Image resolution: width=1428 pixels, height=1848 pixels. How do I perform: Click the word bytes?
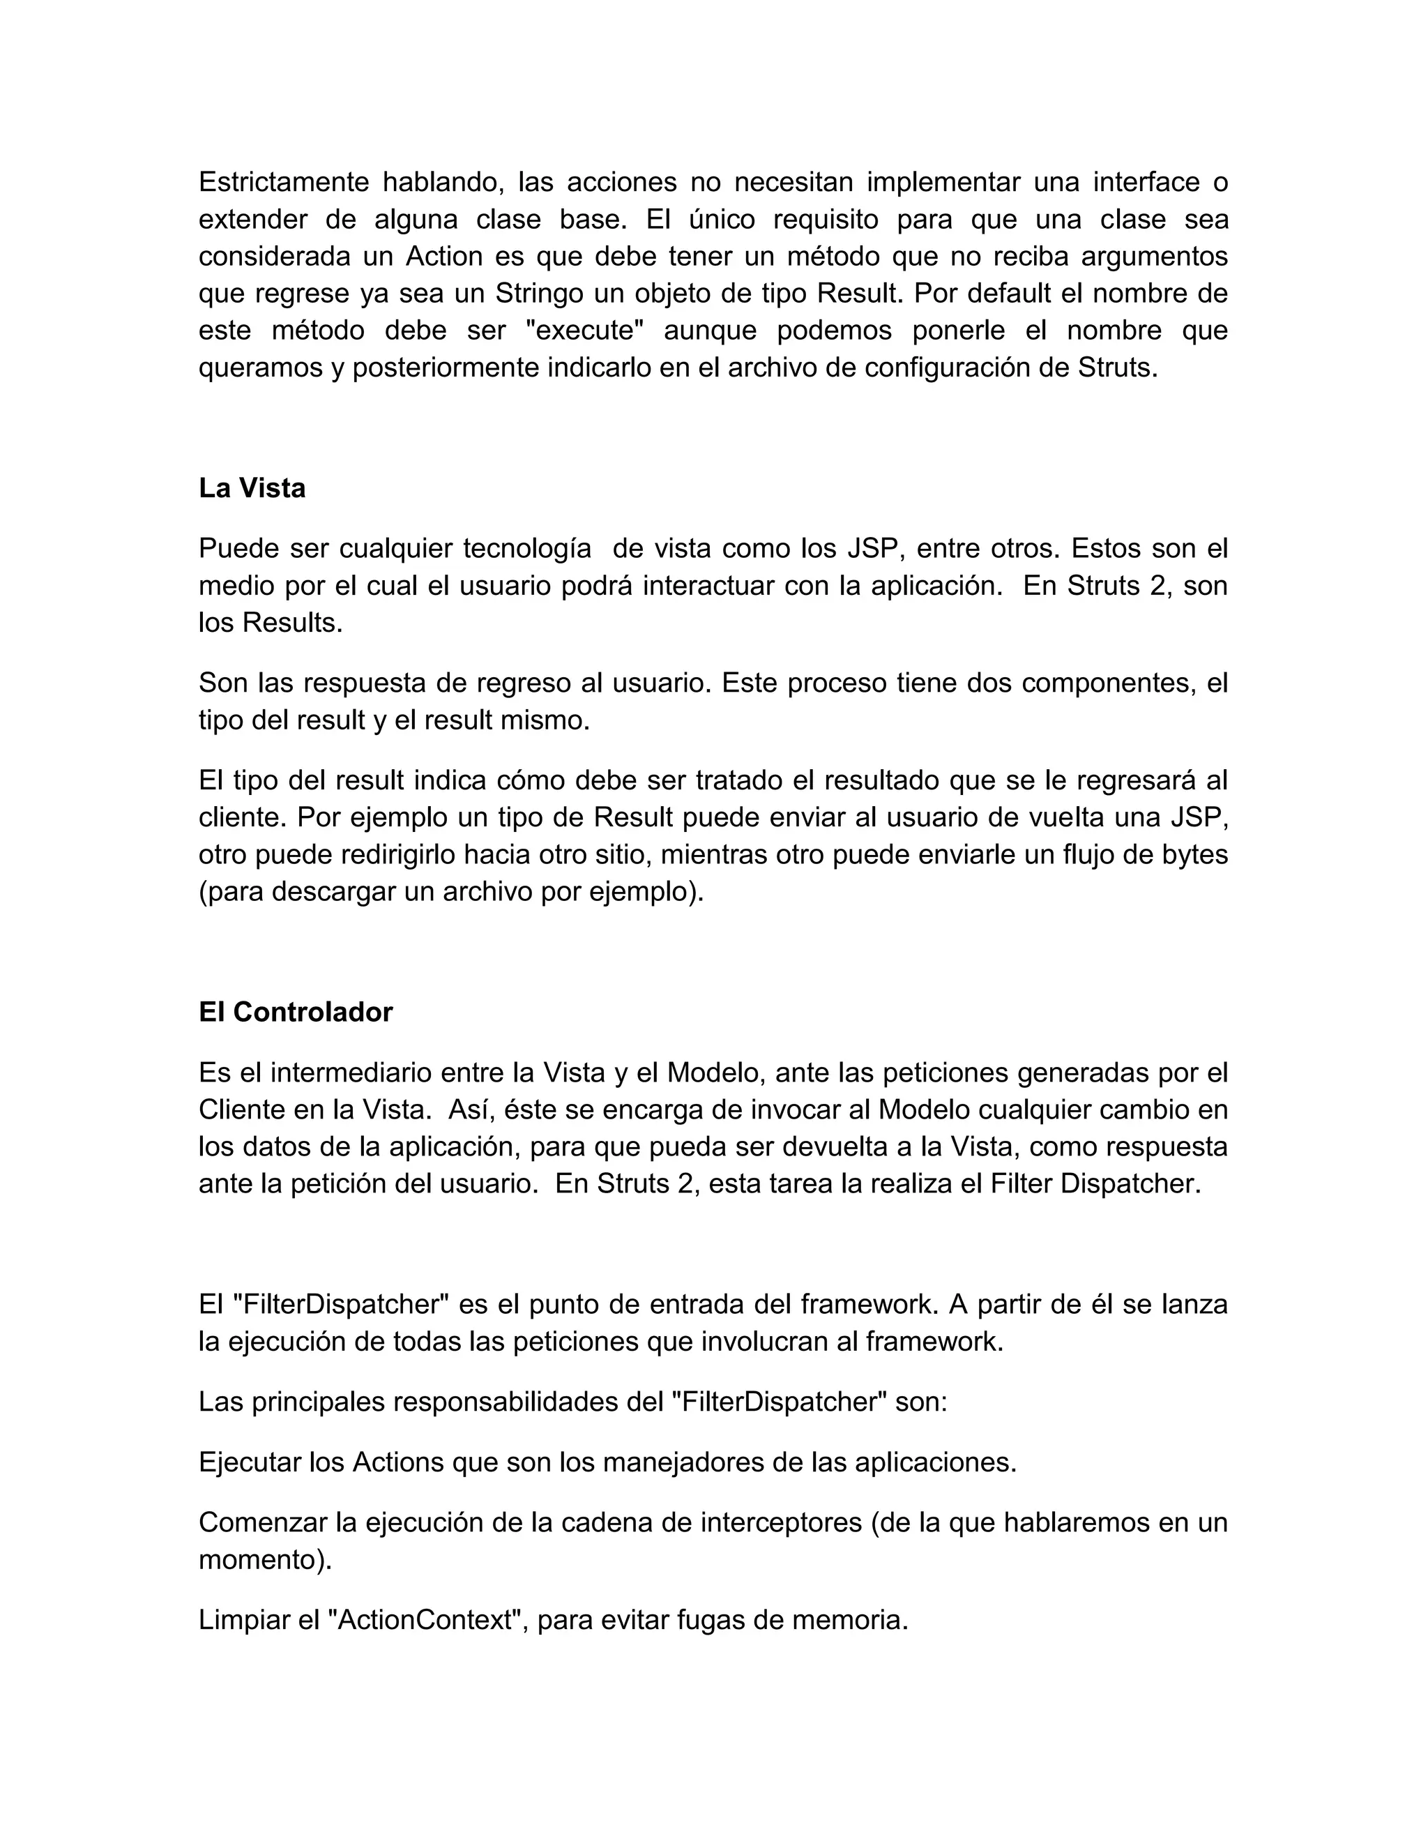[x=1194, y=855]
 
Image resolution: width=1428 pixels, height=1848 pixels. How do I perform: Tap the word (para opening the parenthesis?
[x=231, y=892]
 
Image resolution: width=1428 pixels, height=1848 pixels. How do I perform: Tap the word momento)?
[x=265, y=1559]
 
